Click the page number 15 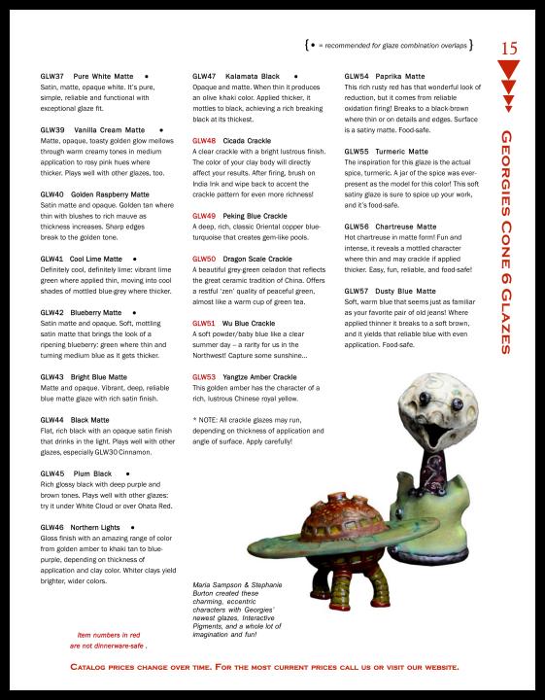[x=510, y=48]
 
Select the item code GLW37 [x=51, y=75]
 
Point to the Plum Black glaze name [x=92, y=473]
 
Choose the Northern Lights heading [x=104, y=527]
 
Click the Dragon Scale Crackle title [x=257, y=260]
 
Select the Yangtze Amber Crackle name [x=259, y=376]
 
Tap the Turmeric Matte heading [x=401, y=152]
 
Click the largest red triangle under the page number [x=509, y=69]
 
